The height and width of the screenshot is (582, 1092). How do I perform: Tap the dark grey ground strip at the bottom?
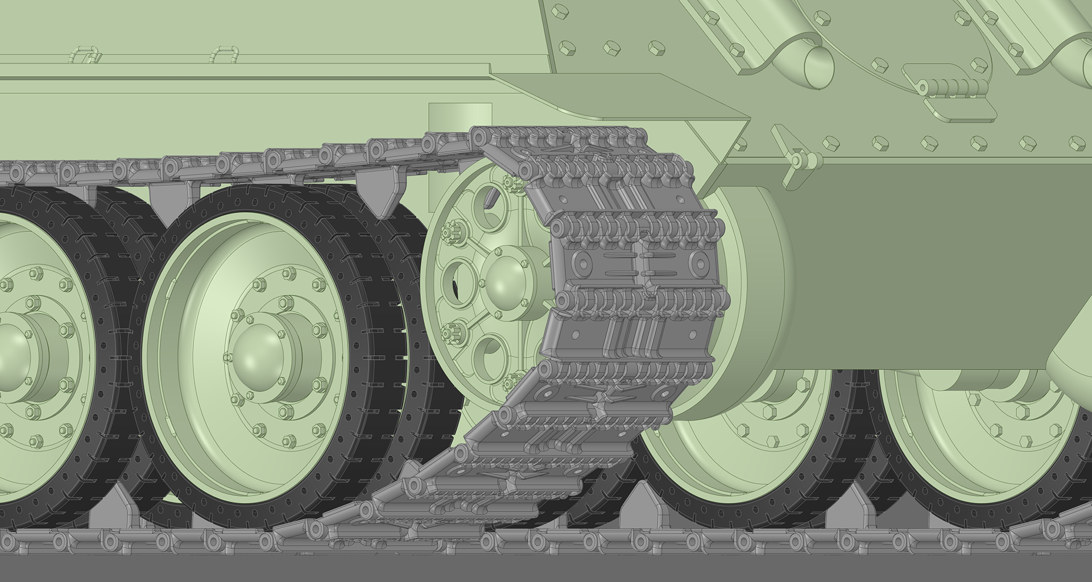click(546, 571)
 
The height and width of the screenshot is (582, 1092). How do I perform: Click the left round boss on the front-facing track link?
click(580, 263)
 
